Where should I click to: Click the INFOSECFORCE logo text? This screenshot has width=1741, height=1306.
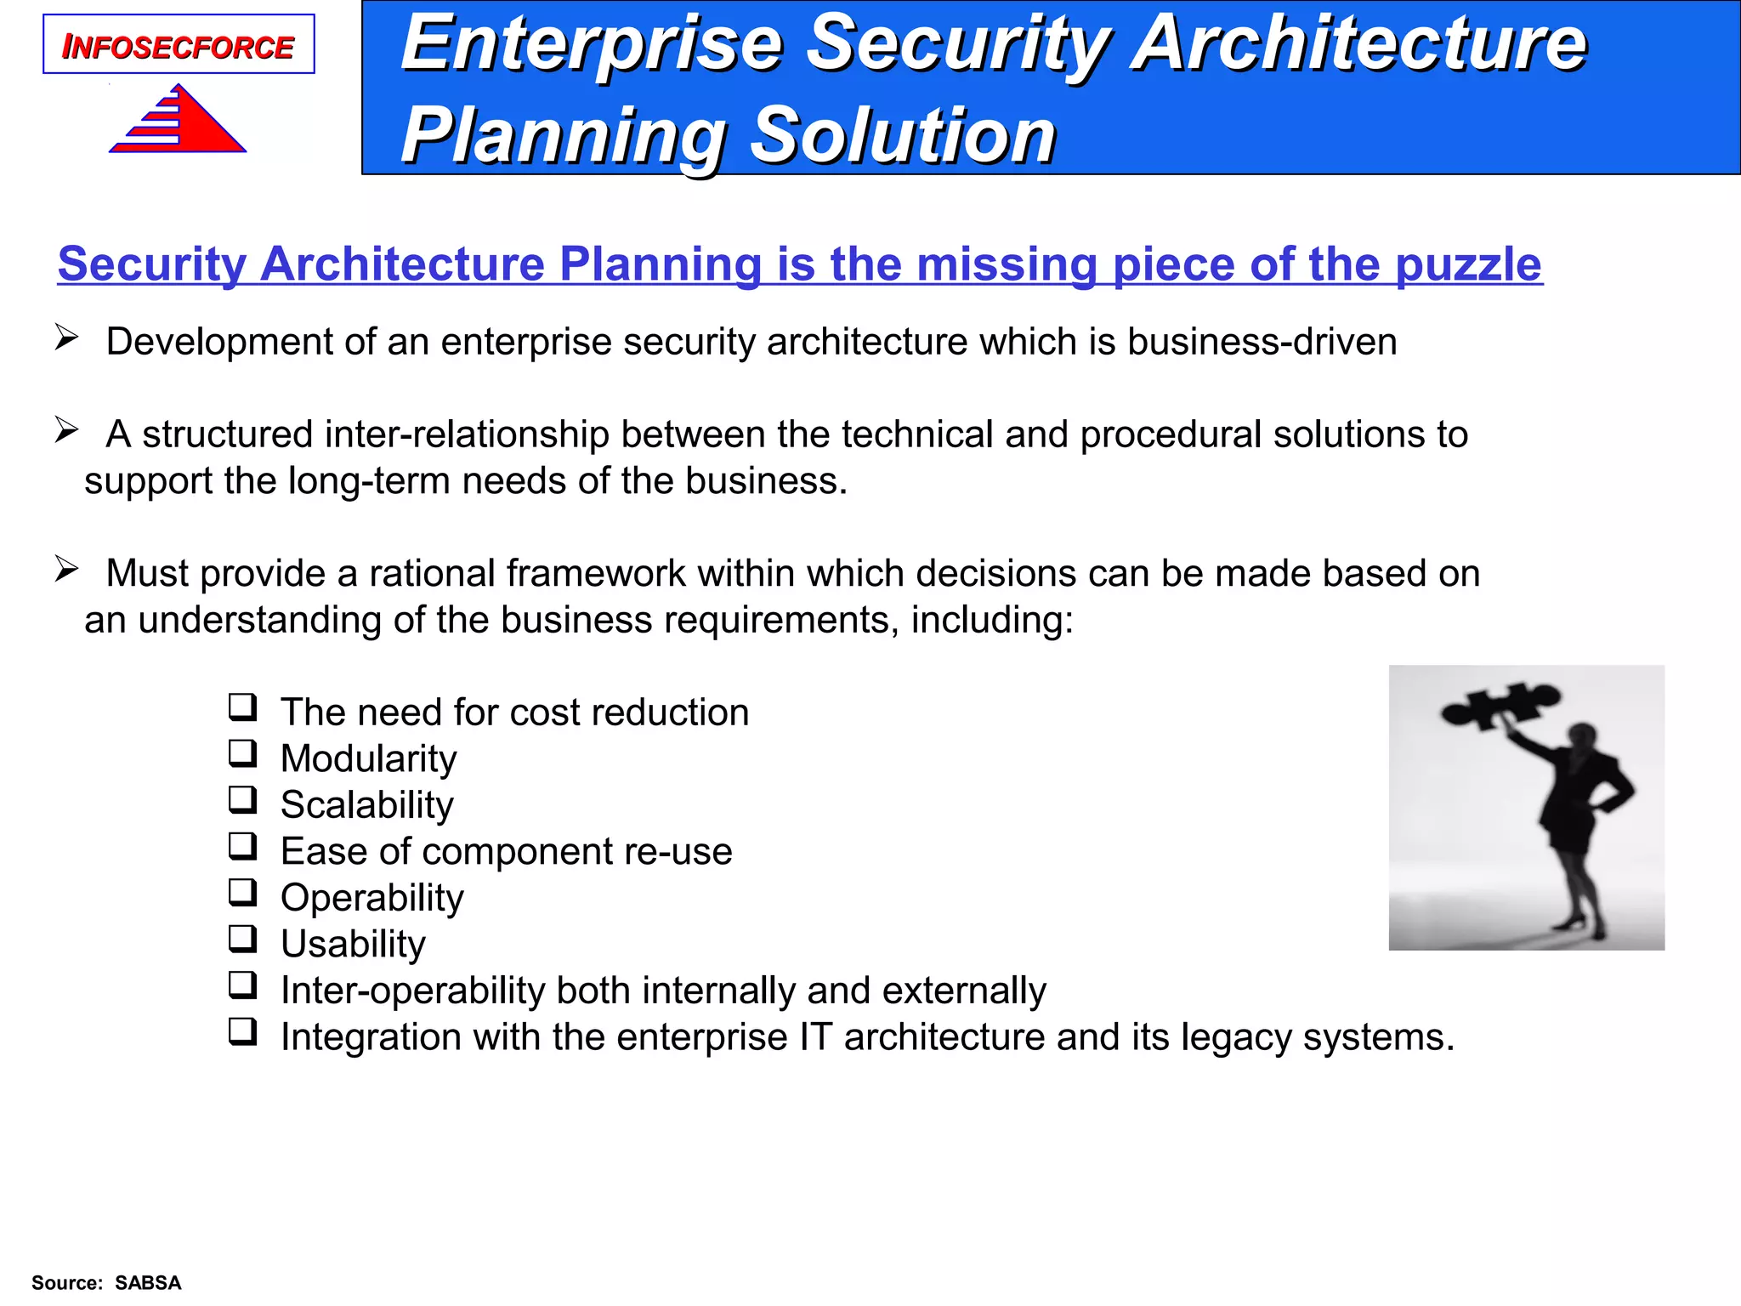[178, 47]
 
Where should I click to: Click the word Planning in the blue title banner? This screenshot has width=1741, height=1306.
[562, 135]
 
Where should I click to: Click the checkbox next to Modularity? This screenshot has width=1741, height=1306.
[242, 753]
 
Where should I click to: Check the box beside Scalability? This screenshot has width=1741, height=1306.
[242, 800]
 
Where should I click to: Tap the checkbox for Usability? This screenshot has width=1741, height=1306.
[242, 939]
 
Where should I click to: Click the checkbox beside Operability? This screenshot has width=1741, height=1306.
[242, 893]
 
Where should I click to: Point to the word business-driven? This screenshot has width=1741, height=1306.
[1262, 342]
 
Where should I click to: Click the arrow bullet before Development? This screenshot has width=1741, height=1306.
[66, 338]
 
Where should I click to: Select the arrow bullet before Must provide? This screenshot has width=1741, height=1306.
[66, 569]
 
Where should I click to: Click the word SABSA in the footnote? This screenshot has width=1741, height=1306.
[148, 1283]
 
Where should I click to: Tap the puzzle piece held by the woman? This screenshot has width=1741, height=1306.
[1500, 704]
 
